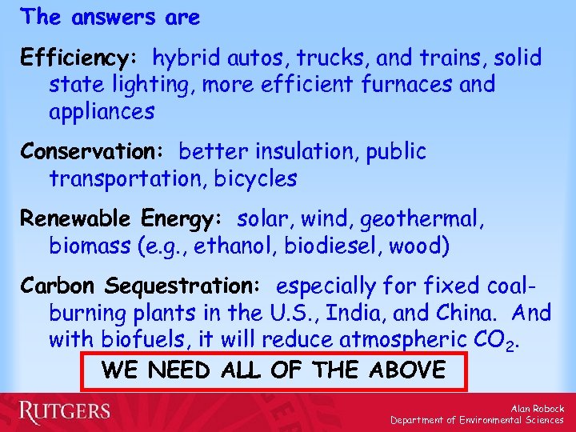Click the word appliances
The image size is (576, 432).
click(102, 112)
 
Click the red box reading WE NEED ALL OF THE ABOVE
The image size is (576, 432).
click(274, 370)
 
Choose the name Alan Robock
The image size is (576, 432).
click(537, 408)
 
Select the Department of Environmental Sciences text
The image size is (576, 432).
click(477, 420)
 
